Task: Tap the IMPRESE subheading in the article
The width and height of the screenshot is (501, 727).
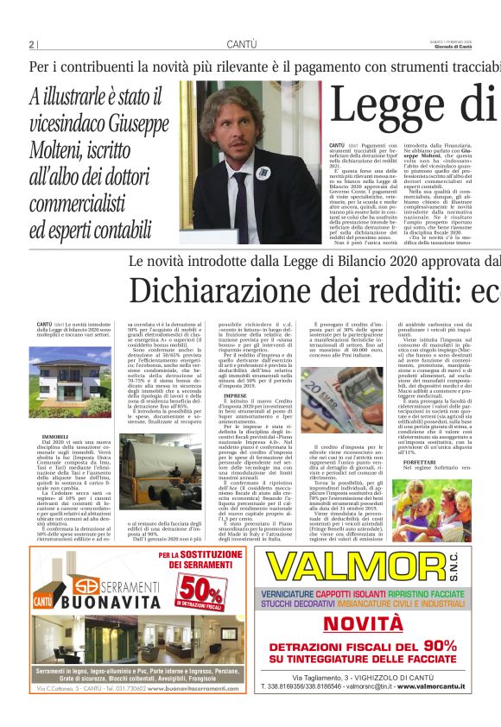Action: (236, 395)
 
